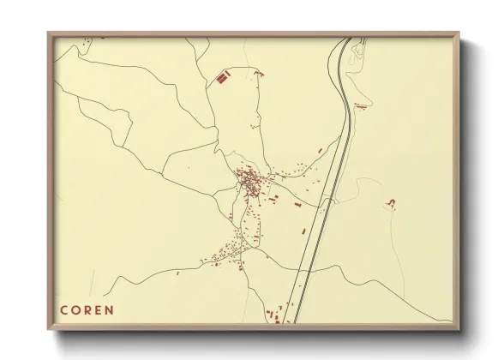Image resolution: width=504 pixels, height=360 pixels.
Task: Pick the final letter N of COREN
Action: (109, 309)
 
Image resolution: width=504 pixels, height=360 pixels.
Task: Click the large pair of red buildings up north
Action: (224, 78)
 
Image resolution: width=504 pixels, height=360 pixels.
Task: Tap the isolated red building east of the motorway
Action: (392, 202)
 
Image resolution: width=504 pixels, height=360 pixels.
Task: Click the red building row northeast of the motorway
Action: (361, 106)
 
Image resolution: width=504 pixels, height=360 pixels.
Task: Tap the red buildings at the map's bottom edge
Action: (273, 315)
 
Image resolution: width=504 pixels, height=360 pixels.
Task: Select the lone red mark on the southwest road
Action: (177, 273)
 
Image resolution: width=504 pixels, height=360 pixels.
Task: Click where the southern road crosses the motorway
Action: (303, 268)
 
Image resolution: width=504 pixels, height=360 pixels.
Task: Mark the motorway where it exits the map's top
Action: (345, 39)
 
